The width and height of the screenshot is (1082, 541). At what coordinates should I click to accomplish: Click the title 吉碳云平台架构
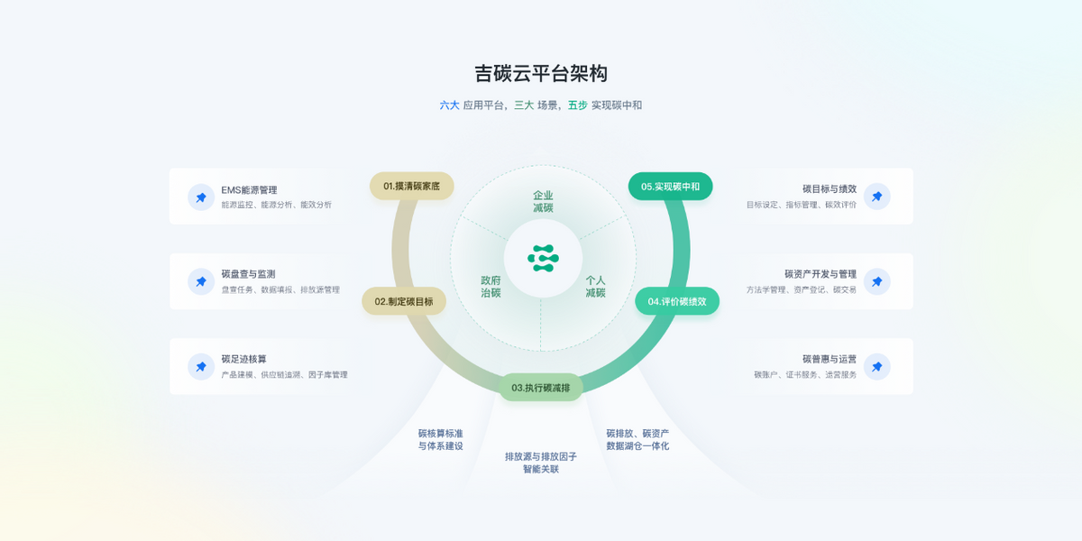coord(541,73)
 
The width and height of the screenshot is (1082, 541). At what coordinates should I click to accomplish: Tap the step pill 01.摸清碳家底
coord(411,186)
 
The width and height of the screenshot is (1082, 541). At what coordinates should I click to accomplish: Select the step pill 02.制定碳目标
coord(404,301)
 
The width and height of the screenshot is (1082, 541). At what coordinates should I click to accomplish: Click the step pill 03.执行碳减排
coord(541,388)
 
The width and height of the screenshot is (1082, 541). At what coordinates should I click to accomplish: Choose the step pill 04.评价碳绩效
coord(677,301)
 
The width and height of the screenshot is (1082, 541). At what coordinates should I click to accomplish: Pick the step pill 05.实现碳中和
coord(670,187)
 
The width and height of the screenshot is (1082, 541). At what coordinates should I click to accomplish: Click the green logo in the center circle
coord(543,258)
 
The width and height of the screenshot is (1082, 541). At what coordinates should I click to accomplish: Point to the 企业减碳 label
coord(543,201)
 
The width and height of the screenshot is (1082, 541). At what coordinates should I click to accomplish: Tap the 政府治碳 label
coord(491,287)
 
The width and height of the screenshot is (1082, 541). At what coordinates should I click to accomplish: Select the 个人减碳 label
coord(595,287)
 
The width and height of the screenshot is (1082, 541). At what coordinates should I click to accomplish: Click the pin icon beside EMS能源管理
coord(201,197)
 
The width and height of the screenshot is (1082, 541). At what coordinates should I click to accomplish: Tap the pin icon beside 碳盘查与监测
coord(201,281)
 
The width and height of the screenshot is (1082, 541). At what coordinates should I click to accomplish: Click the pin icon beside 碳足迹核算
coord(201,367)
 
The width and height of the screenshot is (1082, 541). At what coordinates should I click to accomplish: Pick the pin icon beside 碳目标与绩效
coord(876,197)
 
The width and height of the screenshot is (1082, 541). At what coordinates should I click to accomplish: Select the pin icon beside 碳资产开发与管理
coord(876,281)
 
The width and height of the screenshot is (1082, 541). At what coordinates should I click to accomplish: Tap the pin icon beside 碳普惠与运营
coord(876,367)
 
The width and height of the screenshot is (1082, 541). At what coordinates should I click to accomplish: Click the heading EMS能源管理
coord(249,189)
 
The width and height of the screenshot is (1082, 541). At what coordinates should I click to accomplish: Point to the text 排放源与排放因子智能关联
coord(541,463)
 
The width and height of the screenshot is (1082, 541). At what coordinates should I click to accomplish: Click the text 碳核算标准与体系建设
coord(440,439)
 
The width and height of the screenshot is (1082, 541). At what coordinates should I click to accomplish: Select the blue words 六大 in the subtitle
coord(449,105)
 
